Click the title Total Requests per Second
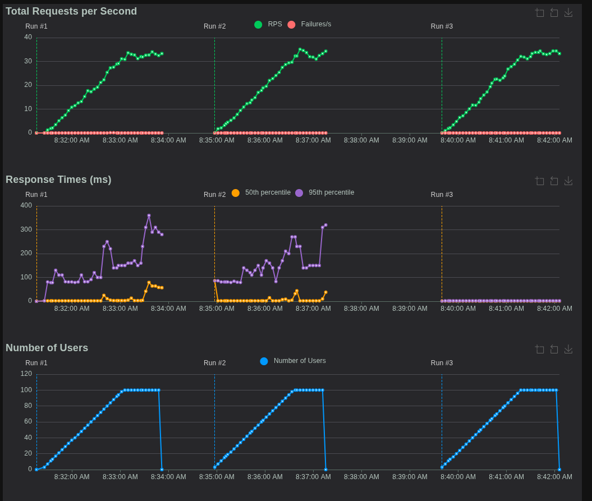[71, 11]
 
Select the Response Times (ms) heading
[58, 180]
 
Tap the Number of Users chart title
[47, 348]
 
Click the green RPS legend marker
[258, 25]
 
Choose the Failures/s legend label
[316, 24]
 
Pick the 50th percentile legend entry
[268, 192]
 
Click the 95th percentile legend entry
[331, 192]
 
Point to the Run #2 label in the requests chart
[214, 26]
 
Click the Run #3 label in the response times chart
[442, 195]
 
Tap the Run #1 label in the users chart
[36, 363]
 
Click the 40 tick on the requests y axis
[28, 37]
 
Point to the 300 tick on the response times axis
[26, 229]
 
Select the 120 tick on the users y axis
[26, 374]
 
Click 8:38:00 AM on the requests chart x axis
[361, 140]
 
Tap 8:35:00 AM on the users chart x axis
[217, 477]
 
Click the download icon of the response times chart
[568, 181]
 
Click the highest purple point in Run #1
[149, 215]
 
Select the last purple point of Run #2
[325, 225]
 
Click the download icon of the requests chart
[568, 12]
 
